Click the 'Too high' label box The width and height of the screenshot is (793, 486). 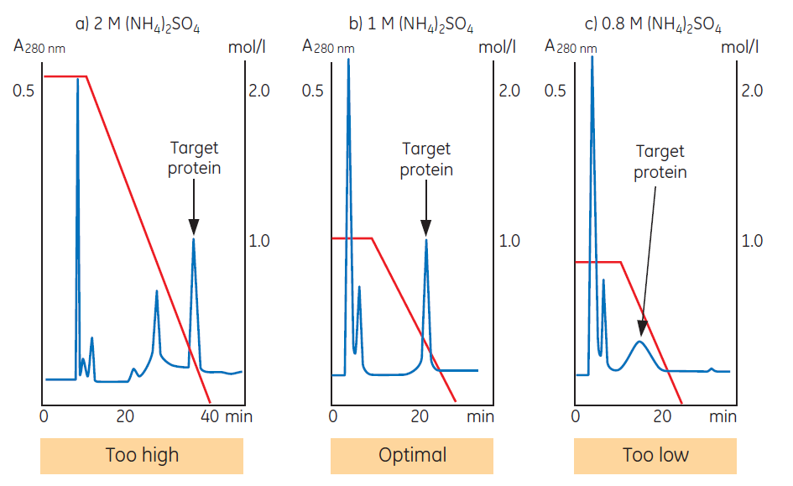point(142,456)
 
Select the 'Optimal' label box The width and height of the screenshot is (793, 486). point(412,456)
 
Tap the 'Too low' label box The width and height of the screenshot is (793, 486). point(655,456)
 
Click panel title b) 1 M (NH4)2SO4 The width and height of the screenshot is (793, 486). point(411,25)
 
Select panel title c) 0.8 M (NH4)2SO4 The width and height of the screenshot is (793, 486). point(655,25)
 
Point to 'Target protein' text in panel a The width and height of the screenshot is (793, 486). point(195,158)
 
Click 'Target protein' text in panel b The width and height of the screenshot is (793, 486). point(426,159)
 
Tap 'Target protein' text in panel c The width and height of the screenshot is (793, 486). point(660,162)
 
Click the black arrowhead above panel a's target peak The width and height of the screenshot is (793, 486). point(194,226)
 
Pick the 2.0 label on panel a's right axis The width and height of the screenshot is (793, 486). point(258,90)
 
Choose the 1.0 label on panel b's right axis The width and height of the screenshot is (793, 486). point(509,242)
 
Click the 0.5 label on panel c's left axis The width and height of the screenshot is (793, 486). point(556,90)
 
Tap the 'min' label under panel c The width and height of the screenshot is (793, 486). point(723,416)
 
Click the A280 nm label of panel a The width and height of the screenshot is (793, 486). point(39,47)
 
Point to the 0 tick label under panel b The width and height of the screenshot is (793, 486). point(332,416)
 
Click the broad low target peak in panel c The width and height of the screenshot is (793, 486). point(640,342)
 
